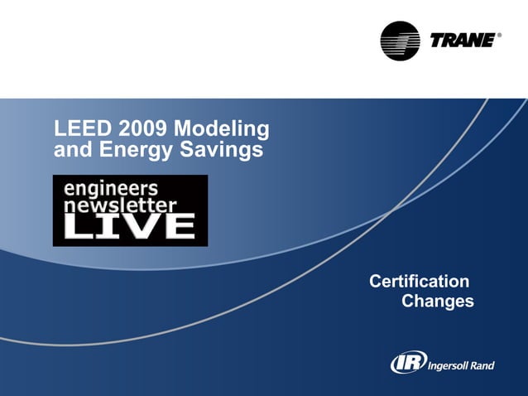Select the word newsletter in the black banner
[121, 204]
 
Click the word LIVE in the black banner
[130, 226]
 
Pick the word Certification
[420, 282]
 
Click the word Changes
[437, 302]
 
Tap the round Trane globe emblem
[400, 41]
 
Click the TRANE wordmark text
[463, 40]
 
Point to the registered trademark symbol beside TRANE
[499, 36]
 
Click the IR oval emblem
[408, 362]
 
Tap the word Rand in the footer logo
[482, 365]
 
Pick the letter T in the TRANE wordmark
[439, 40]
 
